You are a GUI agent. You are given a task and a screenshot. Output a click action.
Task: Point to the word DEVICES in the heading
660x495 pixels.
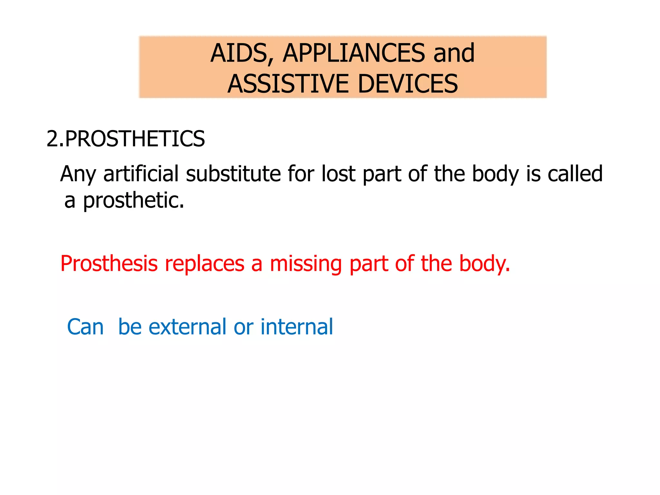408,84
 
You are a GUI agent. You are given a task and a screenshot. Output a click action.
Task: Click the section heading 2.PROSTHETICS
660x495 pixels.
126,139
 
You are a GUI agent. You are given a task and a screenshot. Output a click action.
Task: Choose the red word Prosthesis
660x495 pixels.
109,264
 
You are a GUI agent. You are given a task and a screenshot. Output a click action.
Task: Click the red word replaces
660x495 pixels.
205,264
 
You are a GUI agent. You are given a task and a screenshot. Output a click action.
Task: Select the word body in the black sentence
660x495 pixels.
495,174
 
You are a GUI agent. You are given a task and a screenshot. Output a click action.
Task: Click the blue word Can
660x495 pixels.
85,327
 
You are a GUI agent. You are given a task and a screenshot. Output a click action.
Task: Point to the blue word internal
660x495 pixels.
296,327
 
